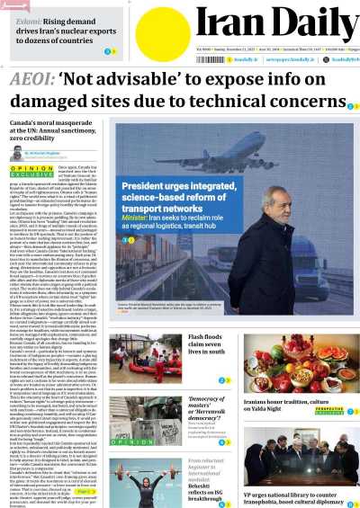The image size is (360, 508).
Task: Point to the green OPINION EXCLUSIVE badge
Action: [28, 170]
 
